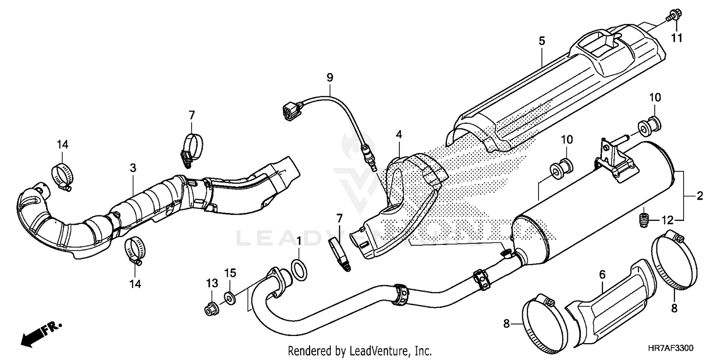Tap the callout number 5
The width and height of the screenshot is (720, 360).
pyautogui.click(x=541, y=41)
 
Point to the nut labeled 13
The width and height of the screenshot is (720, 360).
pyautogui.click(x=210, y=310)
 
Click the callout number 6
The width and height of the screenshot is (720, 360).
pyautogui.click(x=602, y=275)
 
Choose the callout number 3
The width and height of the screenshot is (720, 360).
pyautogui.click(x=133, y=168)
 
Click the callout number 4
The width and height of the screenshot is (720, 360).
pyautogui.click(x=398, y=135)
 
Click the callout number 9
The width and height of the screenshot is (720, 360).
pyautogui.click(x=330, y=77)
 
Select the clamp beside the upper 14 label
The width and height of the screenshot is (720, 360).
pyautogui.click(x=63, y=175)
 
